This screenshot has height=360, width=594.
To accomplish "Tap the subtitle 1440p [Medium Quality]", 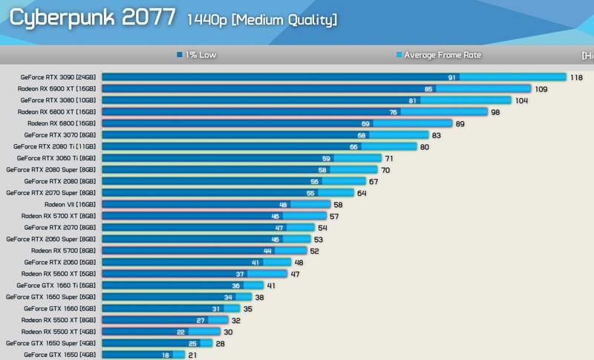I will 262,19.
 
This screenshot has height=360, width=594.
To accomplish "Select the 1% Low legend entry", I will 200,54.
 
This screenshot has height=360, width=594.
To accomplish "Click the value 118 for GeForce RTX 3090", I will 576,77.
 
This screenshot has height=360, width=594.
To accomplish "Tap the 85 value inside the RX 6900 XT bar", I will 428,89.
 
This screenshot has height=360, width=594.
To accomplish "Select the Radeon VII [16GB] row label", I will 71,204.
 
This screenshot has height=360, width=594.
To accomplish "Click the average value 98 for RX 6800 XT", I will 495,112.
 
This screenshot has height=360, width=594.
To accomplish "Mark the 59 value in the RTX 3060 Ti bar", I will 325,158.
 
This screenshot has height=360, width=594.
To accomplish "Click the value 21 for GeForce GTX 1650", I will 192,356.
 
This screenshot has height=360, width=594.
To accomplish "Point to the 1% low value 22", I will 180,332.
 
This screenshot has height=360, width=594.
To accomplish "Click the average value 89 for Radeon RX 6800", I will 461,124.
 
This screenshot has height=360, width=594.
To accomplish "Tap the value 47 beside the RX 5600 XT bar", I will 295,274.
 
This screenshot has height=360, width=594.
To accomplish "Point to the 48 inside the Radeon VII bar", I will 283,204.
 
